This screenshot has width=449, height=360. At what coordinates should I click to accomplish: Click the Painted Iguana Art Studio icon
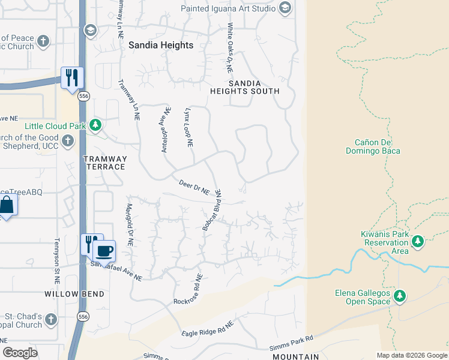click(x=285, y=8)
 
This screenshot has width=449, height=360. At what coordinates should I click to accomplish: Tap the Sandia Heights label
click(x=161, y=45)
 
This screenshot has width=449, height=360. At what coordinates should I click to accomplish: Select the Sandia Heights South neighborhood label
click(x=244, y=87)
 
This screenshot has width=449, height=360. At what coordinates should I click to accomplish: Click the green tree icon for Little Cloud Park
click(x=95, y=125)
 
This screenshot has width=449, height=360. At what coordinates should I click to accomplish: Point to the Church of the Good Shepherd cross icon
click(x=68, y=140)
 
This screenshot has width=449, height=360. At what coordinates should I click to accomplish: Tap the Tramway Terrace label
click(x=104, y=163)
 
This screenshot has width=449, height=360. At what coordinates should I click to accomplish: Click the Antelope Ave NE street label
click(x=164, y=130)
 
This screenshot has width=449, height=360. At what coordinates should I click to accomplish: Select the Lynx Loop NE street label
click(x=188, y=128)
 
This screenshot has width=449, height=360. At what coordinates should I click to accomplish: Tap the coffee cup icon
click(x=104, y=250)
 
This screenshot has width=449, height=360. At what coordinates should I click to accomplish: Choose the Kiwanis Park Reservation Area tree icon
click(x=418, y=242)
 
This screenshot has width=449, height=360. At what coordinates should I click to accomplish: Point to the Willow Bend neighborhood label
click(x=74, y=294)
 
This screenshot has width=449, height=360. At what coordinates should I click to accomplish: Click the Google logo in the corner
click(x=20, y=352)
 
